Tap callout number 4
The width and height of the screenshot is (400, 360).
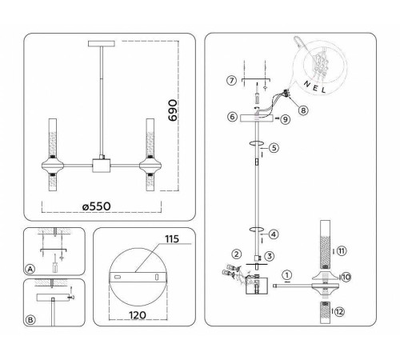click(274, 234)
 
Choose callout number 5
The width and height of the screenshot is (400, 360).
click(274, 147)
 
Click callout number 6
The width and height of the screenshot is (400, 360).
click(230, 117)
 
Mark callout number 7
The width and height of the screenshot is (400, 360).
click(231, 82)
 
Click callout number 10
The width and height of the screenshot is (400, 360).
click(346, 277)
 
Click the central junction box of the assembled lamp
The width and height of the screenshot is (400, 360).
click(102, 167)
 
